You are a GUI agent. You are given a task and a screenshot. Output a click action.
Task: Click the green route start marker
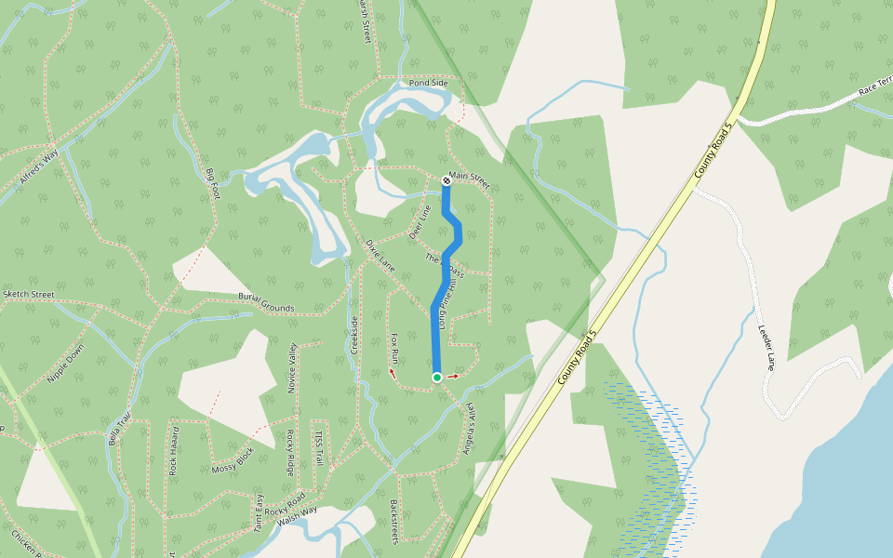[x=436, y=377]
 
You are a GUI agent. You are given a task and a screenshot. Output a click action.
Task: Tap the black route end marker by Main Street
[x=446, y=180]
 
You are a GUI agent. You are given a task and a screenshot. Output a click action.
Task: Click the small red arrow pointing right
[x=453, y=377]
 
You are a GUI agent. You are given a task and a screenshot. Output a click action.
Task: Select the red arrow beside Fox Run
[x=392, y=373]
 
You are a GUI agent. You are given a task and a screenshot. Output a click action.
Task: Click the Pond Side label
[x=429, y=84]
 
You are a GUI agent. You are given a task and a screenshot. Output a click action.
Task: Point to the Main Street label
[x=469, y=177]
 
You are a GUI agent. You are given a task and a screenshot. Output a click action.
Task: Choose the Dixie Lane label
[x=381, y=252]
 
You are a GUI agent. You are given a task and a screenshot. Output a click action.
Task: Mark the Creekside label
[x=354, y=335]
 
